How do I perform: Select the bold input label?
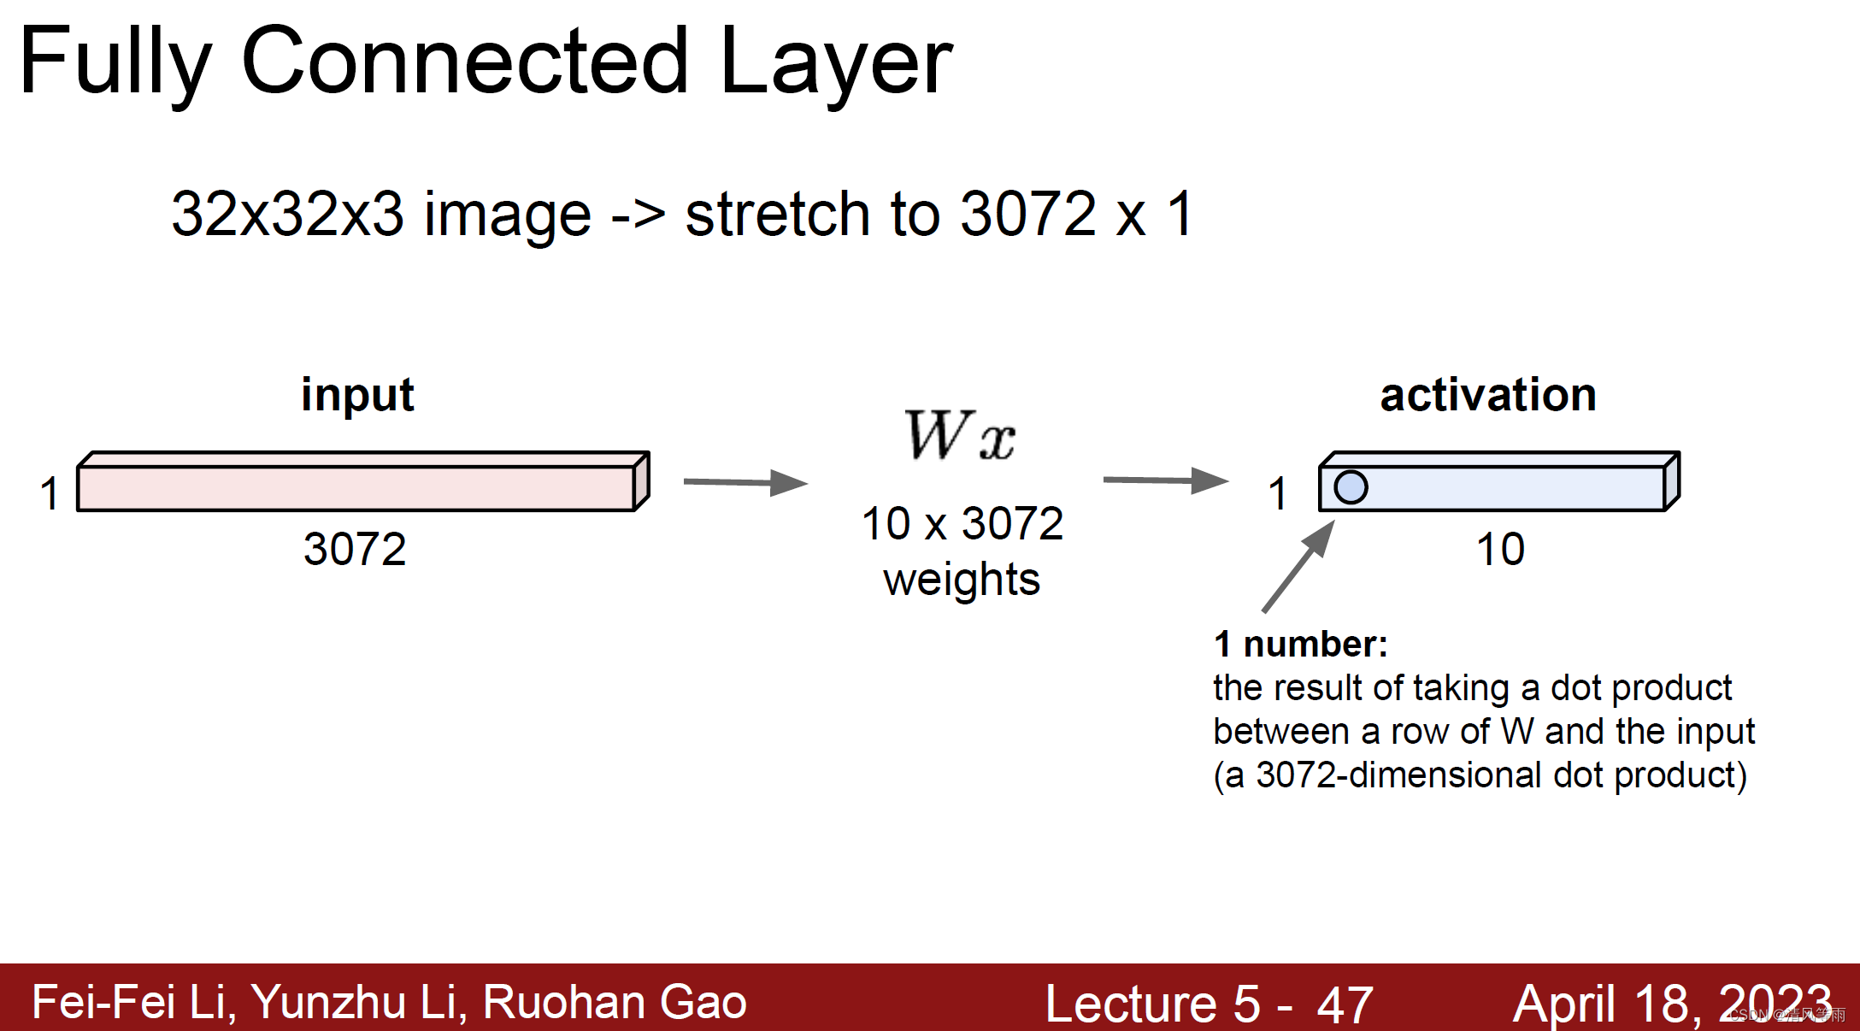(357, 395)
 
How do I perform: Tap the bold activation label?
(1488, 395)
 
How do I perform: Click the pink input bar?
(356, 488)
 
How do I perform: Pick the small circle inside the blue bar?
(1351, 487)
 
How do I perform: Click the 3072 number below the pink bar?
(355, 549)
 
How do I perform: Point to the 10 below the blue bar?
(1500, 549)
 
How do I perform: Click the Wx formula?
(960, 435)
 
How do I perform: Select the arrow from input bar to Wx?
(745, 482)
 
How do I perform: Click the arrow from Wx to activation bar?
(1165, 480)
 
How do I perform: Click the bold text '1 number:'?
(1300, 644)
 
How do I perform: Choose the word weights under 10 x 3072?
(962, 580)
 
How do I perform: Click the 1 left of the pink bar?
(50, 494)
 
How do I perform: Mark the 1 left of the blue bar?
(1277, 494)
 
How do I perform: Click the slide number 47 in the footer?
(1345, 1004)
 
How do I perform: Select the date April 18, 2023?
(1672, 1004)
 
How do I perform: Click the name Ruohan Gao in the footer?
(615, 1002)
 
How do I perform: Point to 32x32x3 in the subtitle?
(287, 214)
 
